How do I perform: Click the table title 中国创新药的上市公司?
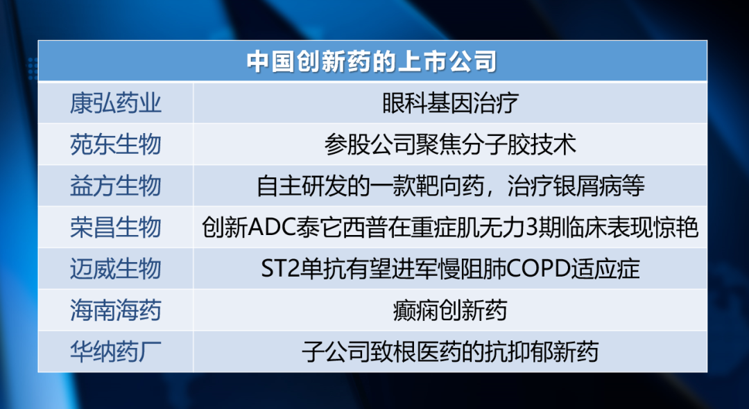point(372,62)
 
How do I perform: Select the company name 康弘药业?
point(116,103)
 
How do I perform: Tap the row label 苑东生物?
point(116,145)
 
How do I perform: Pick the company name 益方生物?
point(116,186)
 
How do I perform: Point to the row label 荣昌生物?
point(116,227)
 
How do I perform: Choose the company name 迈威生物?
point(116,269)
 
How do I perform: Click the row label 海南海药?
point(116,310)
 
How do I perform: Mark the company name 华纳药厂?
point(116,351)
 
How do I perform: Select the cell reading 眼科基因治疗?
point(450,103)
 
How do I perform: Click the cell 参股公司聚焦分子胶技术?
point(450,145)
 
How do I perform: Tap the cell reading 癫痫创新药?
point(450,310)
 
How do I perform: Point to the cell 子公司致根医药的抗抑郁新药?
point(450,351)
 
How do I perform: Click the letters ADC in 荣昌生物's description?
point(268,227)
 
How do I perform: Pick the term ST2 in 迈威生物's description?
point(279,269)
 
